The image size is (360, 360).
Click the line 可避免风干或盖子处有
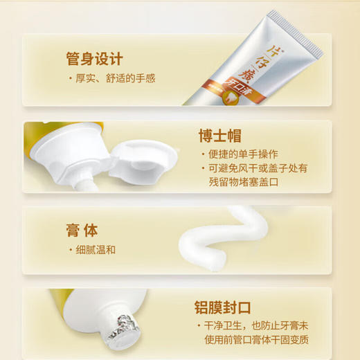pyautogui.click(x=258, y=169)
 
